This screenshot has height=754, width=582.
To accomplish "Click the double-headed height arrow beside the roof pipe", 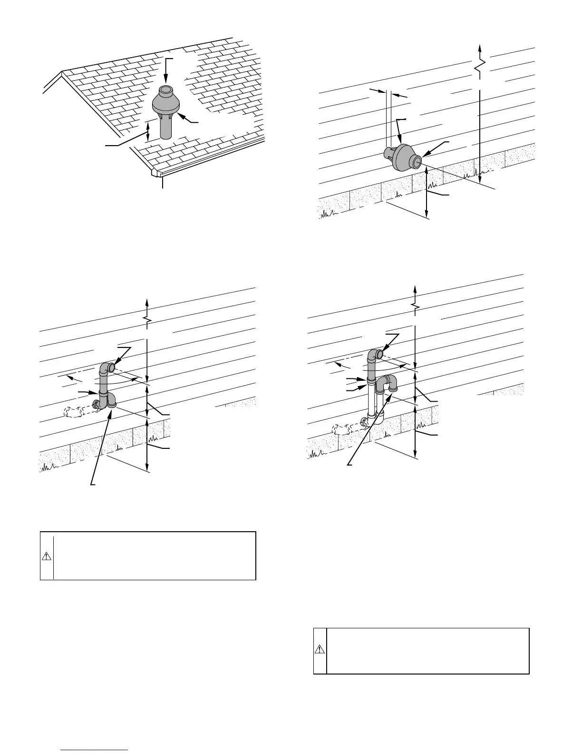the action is click(x=148, y=131).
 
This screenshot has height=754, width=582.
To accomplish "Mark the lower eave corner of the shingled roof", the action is click(x=157, y=172).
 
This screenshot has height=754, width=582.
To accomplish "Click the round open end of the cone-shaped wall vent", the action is click(x=416, y=162).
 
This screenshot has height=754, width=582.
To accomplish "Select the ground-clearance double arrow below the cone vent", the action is click(x=427, y=195).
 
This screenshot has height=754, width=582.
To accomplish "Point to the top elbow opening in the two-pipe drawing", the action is click(x=380, y=354).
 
